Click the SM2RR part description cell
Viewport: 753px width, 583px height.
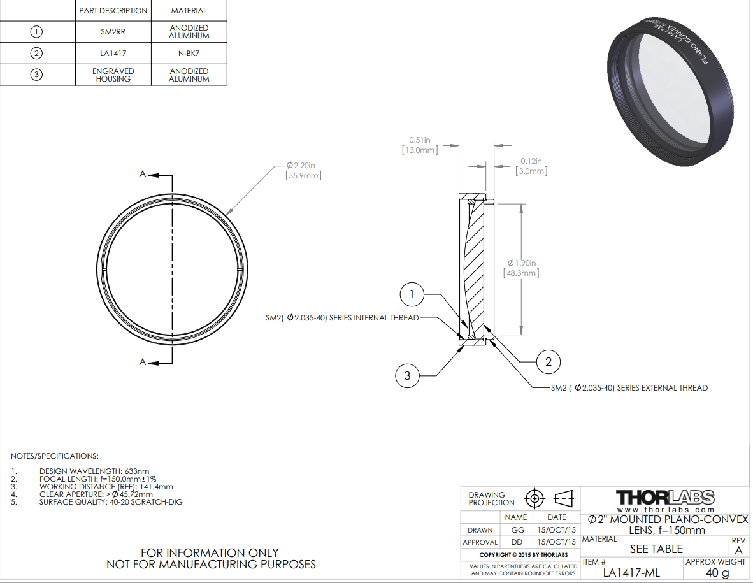(x=113, y=31)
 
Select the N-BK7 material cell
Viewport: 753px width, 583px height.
(x=189, y=54)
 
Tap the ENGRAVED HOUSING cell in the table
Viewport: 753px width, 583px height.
(x=113, y=75)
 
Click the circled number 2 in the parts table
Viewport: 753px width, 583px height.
(x=37, y=54)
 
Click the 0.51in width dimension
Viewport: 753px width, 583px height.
(x=420, y=140)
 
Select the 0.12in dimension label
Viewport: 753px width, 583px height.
(x=531, y=161)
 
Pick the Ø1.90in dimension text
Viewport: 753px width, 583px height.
(x=522, y=263)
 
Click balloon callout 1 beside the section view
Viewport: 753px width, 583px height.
(x=412, y=294)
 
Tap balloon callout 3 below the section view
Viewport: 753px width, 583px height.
(x=408, y=375)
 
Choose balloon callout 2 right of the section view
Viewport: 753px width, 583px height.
(x=548, y=361)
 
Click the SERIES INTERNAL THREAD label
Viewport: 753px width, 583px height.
(x=342, y=317)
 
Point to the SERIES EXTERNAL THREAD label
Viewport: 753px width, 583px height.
(x=629, y=387)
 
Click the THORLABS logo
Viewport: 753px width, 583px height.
(x=664, y=497)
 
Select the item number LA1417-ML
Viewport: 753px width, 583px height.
(x=631, y=573)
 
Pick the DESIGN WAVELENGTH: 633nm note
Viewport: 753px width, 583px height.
(x=94, y=471)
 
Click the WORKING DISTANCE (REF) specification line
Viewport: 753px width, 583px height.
(x=106, y=486)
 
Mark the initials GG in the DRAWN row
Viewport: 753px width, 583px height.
(x=515, y=529)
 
